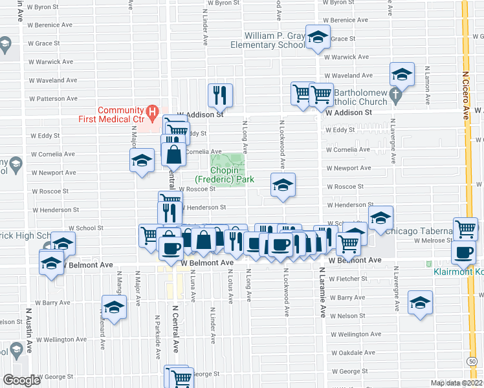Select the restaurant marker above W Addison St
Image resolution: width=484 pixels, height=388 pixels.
pos(220,95)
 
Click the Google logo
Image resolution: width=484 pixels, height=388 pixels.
pos(21,380)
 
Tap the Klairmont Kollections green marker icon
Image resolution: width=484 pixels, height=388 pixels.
pos(428,264)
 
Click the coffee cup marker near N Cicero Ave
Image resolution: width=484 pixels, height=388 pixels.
pos(464,252)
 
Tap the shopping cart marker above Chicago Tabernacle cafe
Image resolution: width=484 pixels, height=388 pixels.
pos(466,228)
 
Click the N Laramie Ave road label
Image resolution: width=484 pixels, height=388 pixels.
pos(322,293)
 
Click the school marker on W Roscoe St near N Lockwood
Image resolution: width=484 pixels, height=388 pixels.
pos(282,186)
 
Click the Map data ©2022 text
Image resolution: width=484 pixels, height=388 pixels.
pos(456,383)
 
